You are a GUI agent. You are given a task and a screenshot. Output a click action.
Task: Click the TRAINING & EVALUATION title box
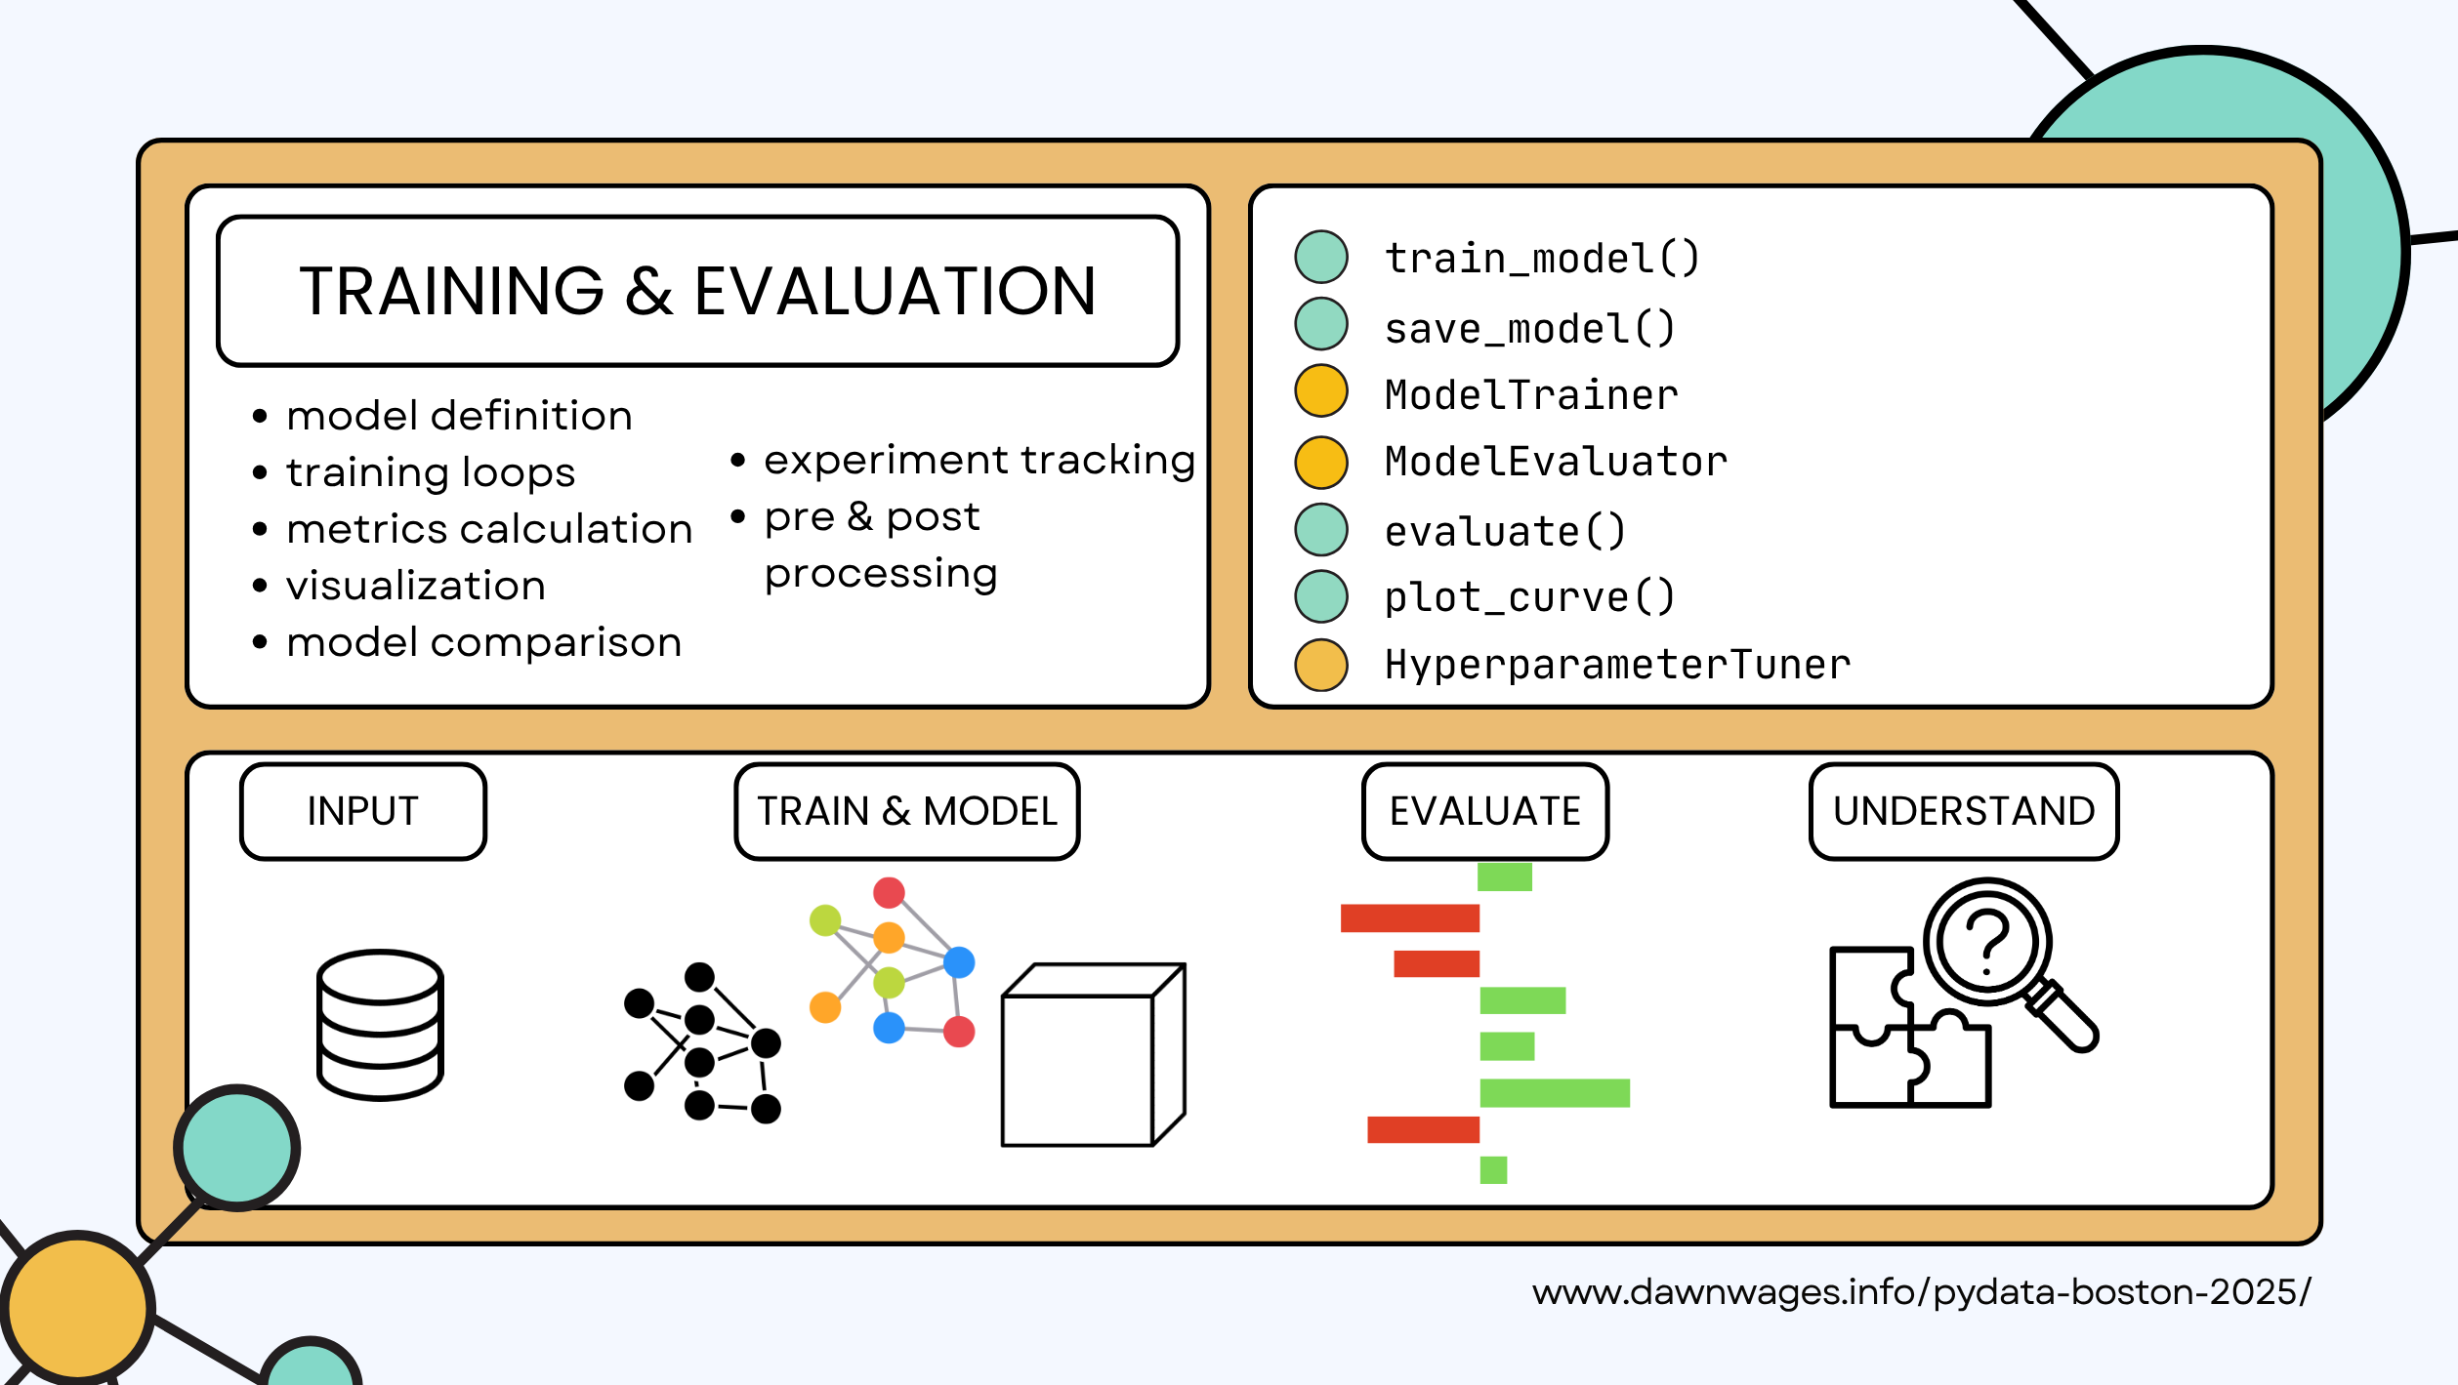point(697,291)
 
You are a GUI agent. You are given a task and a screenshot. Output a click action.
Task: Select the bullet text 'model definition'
point(459,416)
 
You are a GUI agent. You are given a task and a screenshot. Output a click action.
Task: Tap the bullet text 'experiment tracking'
point(979,460)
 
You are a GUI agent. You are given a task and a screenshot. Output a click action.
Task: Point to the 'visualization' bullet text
point(415,586)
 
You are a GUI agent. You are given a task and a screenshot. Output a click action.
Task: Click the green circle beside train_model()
point(1320,258)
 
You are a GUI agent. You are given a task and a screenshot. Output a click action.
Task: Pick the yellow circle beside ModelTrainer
point(1320,391)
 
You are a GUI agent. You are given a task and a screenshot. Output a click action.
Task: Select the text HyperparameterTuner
point(1617,665)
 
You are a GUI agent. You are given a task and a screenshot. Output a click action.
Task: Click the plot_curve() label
point(1529,597)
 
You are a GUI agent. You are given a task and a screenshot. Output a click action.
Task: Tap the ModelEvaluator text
point(1556,462)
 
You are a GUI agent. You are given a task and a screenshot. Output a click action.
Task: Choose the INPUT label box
point(362,811)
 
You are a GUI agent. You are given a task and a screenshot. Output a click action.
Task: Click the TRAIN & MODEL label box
point(906,811)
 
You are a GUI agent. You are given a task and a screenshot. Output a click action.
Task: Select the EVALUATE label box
point(1484,811)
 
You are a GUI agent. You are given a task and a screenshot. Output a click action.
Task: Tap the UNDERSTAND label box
point(1963,811)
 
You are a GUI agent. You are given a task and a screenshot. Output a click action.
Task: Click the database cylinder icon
point(380,1024)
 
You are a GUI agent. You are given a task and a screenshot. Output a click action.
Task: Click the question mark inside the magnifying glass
point(1987,941)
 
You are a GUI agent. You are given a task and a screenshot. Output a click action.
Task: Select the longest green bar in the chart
point(1555,1092)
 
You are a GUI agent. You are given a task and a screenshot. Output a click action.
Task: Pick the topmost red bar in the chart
point(1409,917)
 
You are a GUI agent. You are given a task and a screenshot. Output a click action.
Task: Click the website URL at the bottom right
point(1921,1292)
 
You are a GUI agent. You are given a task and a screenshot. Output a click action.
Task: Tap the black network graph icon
point(700,1042)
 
